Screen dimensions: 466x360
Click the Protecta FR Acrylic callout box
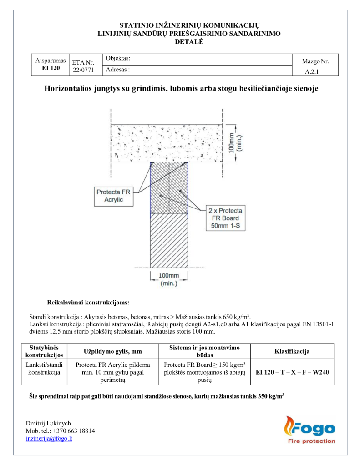[113, 196]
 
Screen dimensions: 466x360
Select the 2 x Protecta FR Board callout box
[225, 218]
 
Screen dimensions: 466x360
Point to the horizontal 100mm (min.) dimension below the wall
[168, 279]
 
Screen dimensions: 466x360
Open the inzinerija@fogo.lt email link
[49, 438]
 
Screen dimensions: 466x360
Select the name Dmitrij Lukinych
[48, 423]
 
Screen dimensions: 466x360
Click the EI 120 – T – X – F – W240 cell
[292, 372]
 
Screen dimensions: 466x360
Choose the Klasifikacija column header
[292, 351]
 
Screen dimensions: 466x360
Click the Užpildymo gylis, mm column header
[113, 351]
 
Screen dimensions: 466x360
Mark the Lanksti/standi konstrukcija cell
[45, 369]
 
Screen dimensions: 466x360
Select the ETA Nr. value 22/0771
[83, 70]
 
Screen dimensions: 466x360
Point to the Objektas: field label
[118, 58]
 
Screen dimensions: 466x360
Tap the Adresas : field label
[118, 70]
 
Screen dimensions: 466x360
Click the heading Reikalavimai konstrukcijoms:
[88, 302]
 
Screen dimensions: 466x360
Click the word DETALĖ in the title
[189, 41]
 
